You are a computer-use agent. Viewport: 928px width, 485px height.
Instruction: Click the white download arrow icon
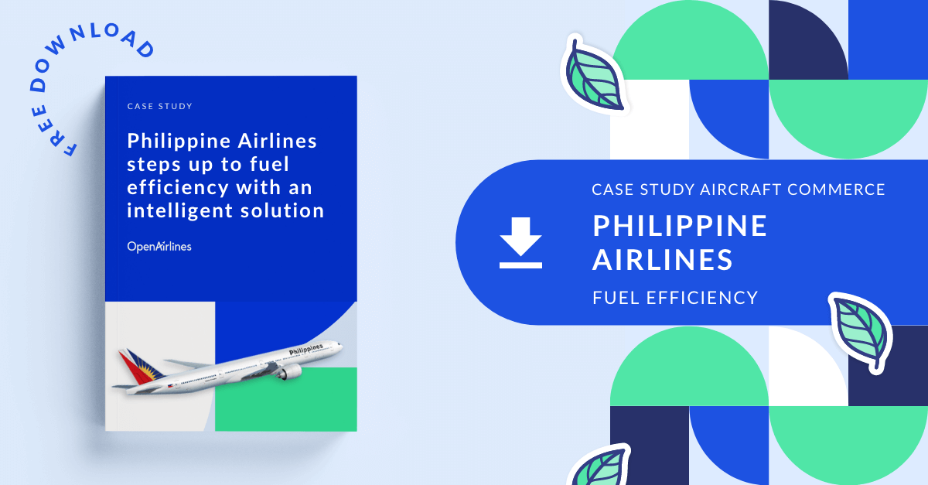point(520,243)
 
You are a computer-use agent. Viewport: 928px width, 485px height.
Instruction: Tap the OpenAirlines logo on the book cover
point(159,247)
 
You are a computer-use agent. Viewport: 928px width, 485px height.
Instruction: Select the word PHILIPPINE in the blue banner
point(680,226)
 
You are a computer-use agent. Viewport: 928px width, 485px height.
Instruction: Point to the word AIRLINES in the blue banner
point(662,260)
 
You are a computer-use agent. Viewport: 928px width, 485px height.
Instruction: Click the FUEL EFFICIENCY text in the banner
point(674,297)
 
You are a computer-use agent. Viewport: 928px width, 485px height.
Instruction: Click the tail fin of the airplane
point(134,364)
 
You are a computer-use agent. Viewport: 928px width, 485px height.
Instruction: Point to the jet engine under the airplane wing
point(288,373)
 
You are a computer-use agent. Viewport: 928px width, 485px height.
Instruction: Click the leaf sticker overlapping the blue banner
point(860,332)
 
